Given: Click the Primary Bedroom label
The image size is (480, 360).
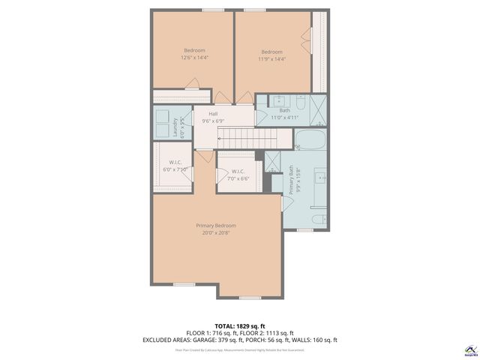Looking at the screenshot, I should [x=216, y=226].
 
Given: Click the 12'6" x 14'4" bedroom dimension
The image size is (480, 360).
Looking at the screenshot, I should [x=194, y=58].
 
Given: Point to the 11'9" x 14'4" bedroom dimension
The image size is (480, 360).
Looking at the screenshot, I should [x=271, y=58].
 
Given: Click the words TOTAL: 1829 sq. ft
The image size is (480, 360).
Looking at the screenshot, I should [x=239, y=325].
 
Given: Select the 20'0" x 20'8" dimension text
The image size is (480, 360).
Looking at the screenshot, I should [x=216, y=233].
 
